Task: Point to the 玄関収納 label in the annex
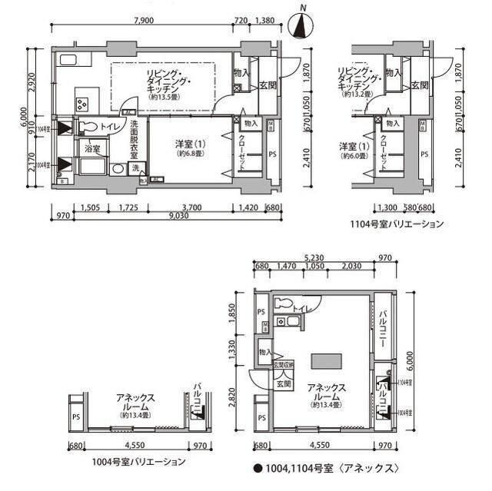285,365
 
